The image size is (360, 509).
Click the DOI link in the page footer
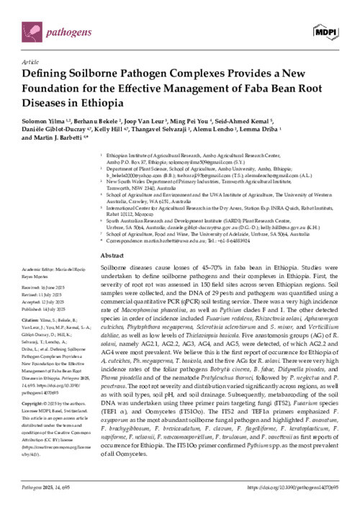[283, 489]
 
